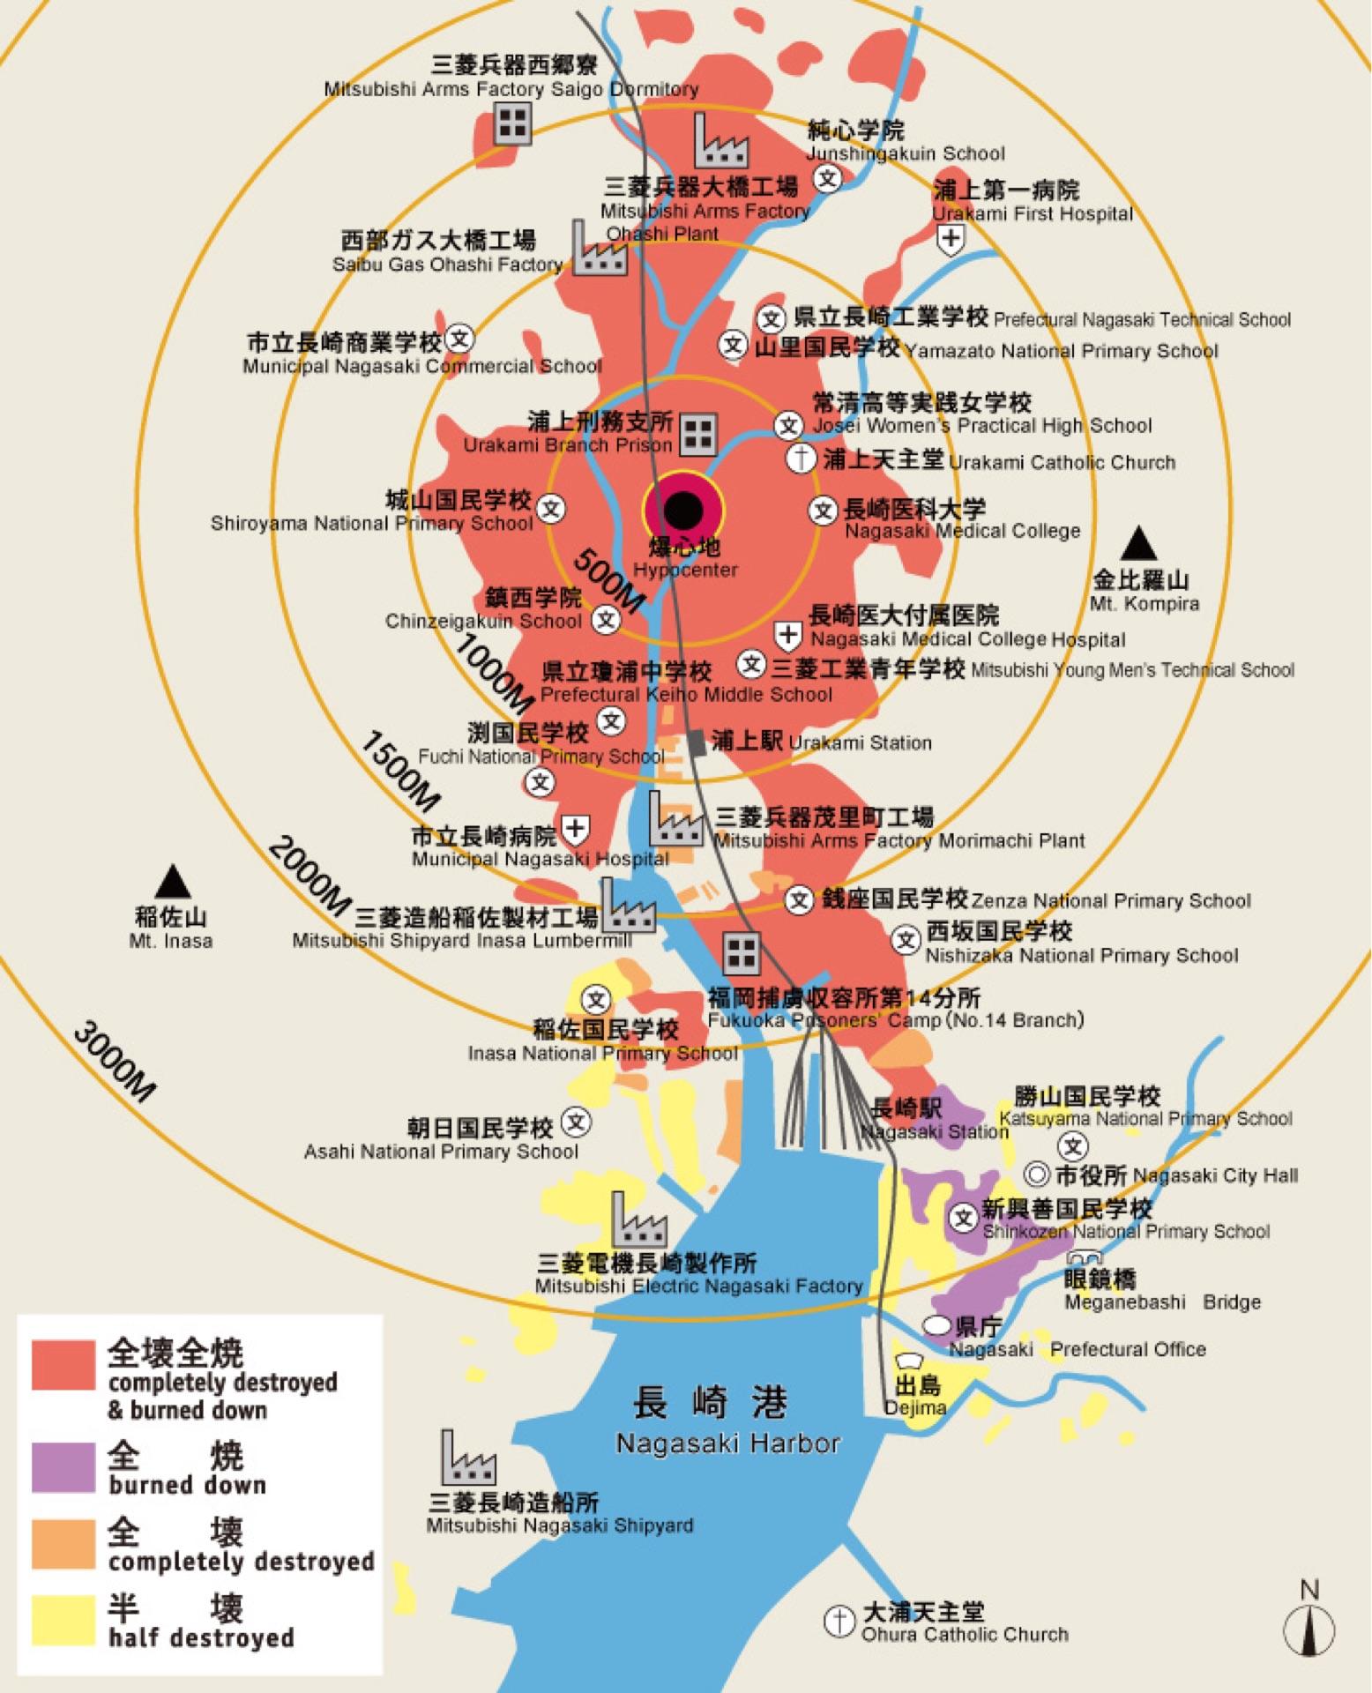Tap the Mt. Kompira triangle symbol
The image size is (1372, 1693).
(1138, 544)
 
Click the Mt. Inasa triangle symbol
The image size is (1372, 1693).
(173, 882)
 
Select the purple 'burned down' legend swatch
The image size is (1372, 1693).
(63, 1467)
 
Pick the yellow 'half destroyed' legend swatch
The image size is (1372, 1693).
(63, 1620)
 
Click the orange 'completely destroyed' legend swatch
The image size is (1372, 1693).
(63, 1544)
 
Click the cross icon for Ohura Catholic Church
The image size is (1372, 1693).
(839, 1620)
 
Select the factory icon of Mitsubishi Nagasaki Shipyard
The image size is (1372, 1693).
(468, 1459)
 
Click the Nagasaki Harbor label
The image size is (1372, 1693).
(727, 1443)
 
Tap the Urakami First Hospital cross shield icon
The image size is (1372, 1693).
(951, 238)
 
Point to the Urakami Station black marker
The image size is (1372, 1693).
(697, 742)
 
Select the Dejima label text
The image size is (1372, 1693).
(916, 1407)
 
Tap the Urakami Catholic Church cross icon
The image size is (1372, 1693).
(802, 459)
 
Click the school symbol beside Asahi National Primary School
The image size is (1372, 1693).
(576, 1122)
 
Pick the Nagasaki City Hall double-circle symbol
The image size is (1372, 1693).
(1038, 1175)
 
